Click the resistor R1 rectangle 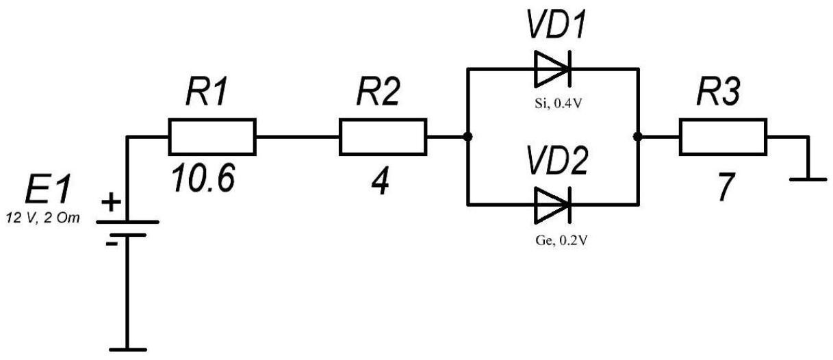(212, 136)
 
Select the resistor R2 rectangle (382, 136)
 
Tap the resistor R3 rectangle (722, 136)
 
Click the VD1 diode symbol (552, 68)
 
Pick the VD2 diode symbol (552, 204)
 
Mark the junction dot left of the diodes (467, 137)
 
